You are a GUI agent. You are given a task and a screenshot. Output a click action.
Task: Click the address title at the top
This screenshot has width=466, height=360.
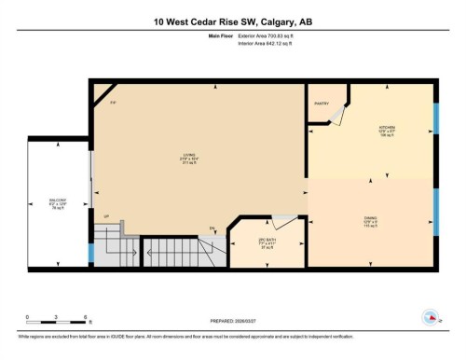click(x=232, y=21)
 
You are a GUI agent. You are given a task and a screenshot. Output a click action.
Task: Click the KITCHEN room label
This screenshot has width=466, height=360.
click(x=387, y=127)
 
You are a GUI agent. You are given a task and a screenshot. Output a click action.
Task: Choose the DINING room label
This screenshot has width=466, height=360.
click(x=370, y=222)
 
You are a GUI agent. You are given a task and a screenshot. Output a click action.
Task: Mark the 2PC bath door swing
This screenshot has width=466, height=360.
click(x=284, y=220)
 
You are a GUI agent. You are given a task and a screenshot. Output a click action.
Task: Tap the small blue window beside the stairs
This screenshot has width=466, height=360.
click(x=90, y=252)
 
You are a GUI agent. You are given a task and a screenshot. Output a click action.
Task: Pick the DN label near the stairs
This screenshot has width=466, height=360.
click(x=212, y=228)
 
